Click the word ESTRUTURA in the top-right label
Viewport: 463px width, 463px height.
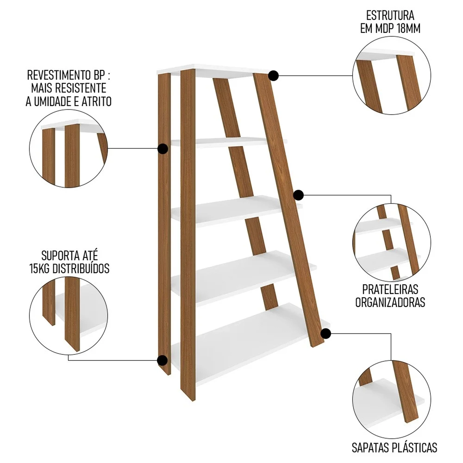[390, 15]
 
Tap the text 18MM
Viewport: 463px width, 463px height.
[409, 28]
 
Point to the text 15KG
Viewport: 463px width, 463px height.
[40, 269]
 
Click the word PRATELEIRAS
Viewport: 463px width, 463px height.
[390, 289]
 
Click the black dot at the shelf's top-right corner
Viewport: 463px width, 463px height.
[273, 76]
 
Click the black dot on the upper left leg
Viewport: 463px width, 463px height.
[162, 149]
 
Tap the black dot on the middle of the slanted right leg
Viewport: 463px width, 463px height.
[298, 195]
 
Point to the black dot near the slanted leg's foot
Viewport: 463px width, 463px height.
[326, 334]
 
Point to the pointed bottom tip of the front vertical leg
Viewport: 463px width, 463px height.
[193, 401]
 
